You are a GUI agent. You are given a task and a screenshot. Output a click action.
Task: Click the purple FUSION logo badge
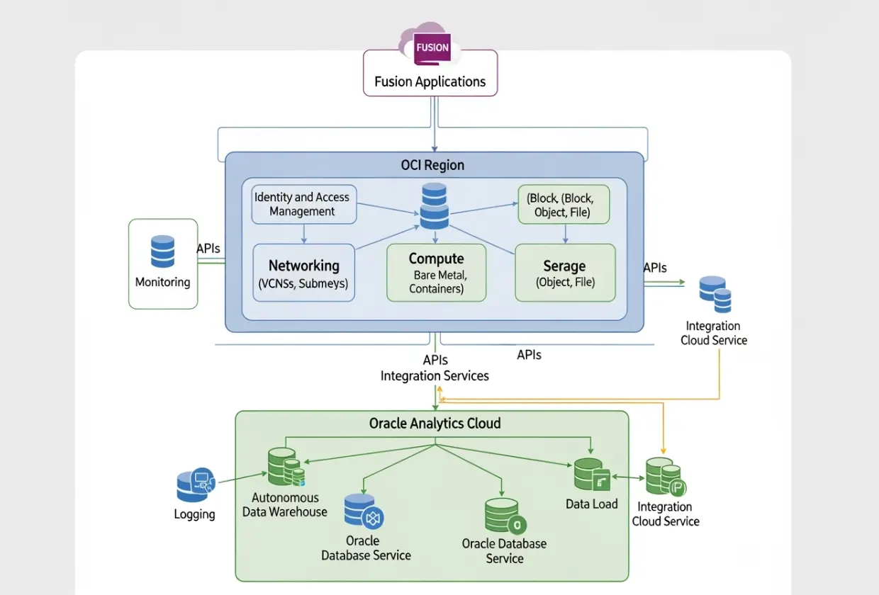pos(432,48)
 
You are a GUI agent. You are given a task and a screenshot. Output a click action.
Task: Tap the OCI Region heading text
pos(432,165)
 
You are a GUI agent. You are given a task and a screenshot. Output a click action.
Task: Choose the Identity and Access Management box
pos(303,204)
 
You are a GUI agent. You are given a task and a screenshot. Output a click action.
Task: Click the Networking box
pos(303,273)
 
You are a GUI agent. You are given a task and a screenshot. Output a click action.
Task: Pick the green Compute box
pos(436,273)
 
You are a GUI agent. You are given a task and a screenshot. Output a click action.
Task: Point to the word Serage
pos(564,266)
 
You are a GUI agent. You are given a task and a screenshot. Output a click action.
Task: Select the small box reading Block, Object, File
pos(564,204)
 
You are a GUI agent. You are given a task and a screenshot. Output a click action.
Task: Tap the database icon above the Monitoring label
pos(162,251)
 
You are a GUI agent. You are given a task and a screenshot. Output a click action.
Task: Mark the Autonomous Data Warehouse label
pos(285,504)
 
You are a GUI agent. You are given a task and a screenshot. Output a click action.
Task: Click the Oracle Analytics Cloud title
pos(435,424)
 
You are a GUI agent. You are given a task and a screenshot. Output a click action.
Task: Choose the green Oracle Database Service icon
pos(504,516)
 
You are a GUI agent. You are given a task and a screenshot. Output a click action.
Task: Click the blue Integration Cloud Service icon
pos(715,295)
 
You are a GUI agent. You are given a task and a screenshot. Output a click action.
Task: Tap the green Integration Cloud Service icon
pos(665,477)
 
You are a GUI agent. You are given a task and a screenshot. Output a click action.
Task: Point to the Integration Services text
pos(435,375)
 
